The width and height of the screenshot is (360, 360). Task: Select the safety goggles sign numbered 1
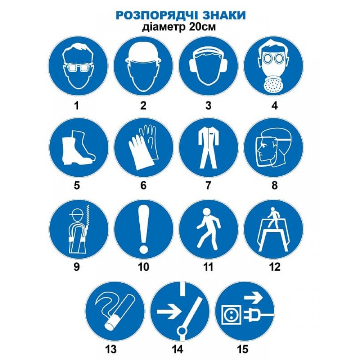point(78,68)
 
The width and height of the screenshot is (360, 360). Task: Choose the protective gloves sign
point(143,148)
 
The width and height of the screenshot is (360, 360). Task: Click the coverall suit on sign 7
point(208,148)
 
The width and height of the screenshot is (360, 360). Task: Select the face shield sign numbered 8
point(274,148)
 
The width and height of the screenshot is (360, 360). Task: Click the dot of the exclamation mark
point(143,248)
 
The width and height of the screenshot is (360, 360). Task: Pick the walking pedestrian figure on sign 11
point(208,229)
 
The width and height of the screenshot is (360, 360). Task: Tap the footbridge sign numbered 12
point(274,229)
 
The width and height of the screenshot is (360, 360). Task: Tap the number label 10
point(143,267)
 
